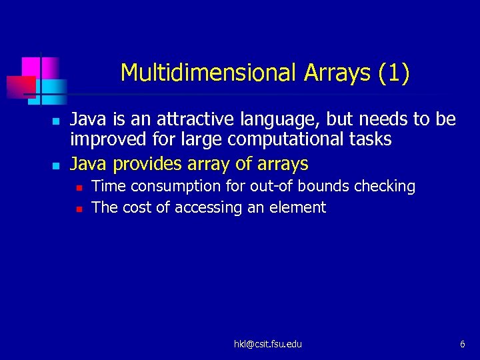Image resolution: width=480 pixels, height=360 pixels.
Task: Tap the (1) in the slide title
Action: pyautogui.click(x=393, y=72)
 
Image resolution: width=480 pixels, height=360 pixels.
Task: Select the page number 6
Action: pyautogui.click(x=462, y=344)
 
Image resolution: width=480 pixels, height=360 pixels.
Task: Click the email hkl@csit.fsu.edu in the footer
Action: pyautogui.click(x=267, y=344)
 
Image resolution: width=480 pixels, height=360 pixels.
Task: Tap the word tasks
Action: pyautogui.click(x=369, y=140)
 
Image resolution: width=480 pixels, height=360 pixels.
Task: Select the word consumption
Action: pyautogui.click(x=163, y=187)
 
